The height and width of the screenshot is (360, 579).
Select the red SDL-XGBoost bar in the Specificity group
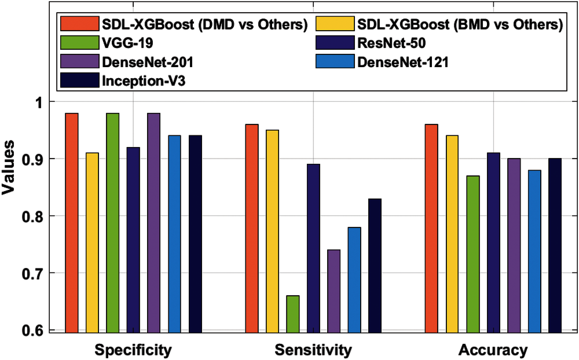tap(72, 223)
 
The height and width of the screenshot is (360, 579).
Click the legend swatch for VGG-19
tap(80, 43)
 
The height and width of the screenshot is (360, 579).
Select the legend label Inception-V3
tap(144, 81)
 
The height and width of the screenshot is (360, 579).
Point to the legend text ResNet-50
tap(391, 43)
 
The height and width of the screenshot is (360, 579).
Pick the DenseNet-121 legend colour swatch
tap(335, 62)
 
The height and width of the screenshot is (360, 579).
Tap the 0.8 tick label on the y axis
tap(32, 216)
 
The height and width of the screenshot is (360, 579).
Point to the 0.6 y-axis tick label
tap(32, 330)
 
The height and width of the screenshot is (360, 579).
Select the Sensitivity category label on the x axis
tap(313, 350)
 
